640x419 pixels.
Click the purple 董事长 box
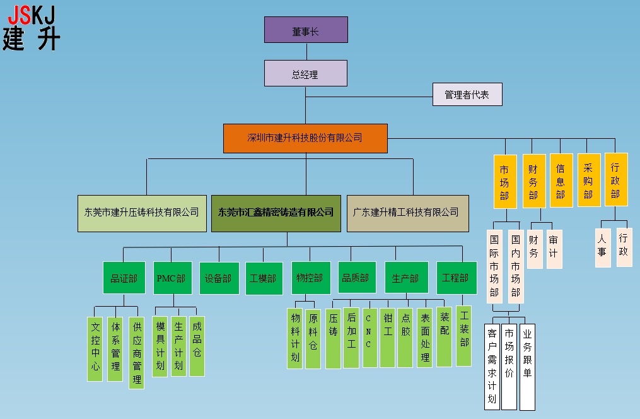306,30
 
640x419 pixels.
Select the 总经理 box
306,73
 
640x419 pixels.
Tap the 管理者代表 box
467,95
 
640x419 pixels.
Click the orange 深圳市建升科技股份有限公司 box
305,138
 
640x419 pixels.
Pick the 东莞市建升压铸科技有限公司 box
142,213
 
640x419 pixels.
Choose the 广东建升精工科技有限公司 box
407,213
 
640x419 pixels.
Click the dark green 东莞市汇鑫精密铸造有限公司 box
276,213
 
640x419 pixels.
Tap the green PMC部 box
173,278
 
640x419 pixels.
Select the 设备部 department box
219,278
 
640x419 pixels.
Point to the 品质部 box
356,278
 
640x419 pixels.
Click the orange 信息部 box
561,180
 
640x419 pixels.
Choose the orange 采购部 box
588,180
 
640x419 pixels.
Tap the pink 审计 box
554,249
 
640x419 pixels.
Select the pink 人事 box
603,247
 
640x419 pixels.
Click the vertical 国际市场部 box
495,266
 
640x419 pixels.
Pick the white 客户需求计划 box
492,366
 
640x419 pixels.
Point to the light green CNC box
369,336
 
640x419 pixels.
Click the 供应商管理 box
136,353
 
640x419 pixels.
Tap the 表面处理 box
425,338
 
